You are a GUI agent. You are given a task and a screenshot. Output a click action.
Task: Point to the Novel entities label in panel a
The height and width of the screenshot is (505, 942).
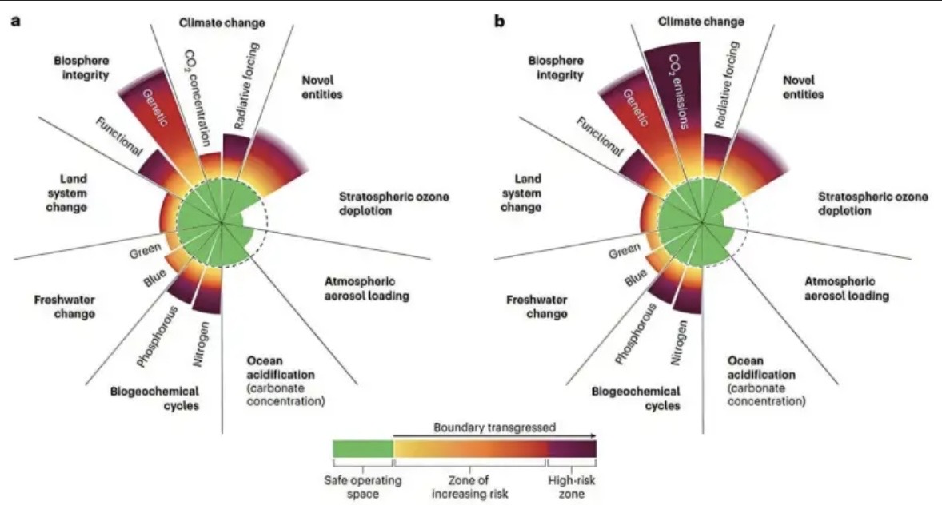(322, 87)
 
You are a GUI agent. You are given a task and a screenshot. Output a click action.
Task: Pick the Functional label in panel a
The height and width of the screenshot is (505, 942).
(119, 137)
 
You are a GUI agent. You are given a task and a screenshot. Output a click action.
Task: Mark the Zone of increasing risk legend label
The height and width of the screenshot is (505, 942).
(469, 487)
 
